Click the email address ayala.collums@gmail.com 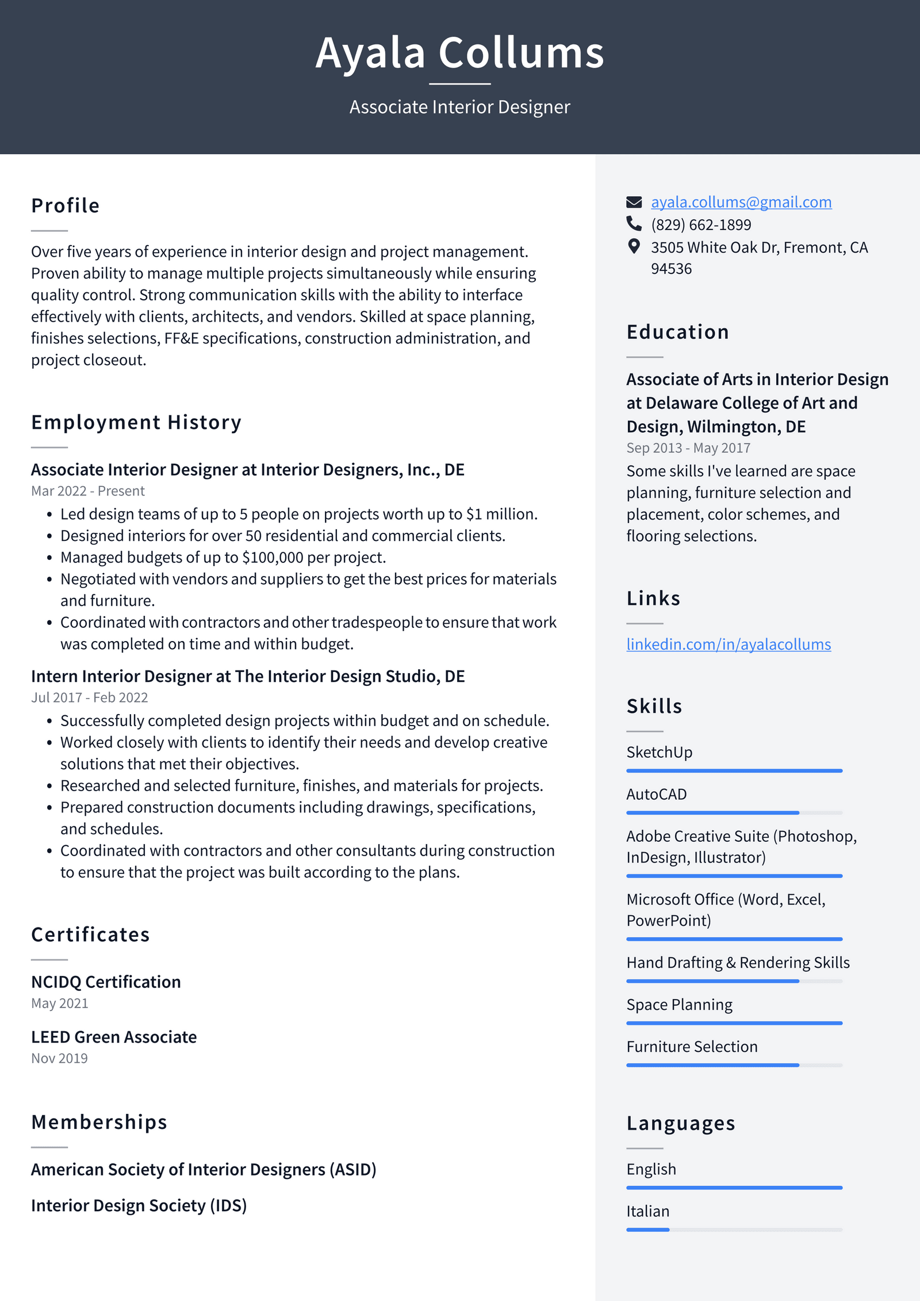click(x=741, y=202)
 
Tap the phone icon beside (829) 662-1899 click(x=634, y=223)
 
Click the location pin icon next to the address click(x=634, y=247)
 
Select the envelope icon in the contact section click(x=634, y=202)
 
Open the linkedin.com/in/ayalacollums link click(x=728, y=644)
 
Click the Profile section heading click(x=66, y=205)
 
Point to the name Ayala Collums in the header click(x=459, y=53)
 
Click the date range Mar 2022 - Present click(x=87, y=491)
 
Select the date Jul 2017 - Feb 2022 click(x=89, y=697)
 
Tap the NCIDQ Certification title click(x=106, y=982)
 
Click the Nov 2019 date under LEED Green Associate click(x=59, y=1058)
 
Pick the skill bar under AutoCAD click(x=734, y=812)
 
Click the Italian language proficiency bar click(x=734, y=1230)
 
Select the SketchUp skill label click(x=659, y=752)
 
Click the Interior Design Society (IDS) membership click(x=139, y=1205)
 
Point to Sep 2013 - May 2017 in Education click(x=688, y=448)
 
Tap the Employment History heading click(x=136, y=422)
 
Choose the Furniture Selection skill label click(x=692, y=1047)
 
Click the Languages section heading click(x=681, y=1123)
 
